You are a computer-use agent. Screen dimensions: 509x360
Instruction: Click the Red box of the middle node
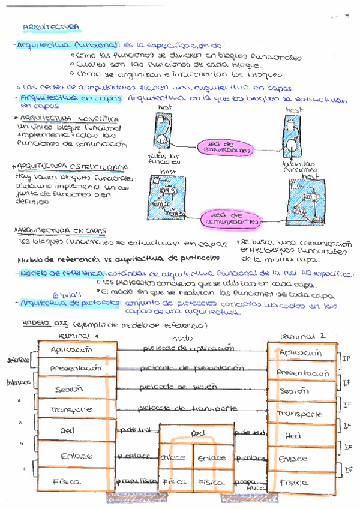coord(197,433)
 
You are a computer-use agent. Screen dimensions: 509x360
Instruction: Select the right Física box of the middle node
coord(211,481)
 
